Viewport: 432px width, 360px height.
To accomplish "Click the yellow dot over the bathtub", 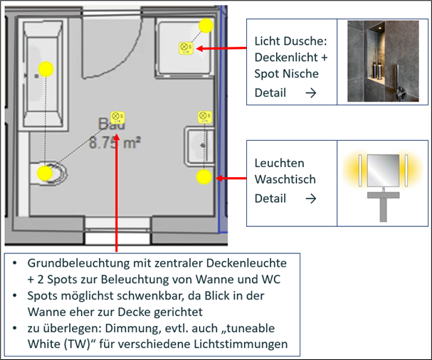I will pos(46,69).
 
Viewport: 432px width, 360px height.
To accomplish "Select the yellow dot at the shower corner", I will pos(206,26).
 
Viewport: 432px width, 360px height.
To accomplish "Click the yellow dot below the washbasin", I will pos(205,177).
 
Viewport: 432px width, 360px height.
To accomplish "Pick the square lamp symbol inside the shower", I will pos(184,48).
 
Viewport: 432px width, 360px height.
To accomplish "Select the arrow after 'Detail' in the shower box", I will pos(310,92).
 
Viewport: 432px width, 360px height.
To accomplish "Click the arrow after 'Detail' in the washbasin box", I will pos(310,198).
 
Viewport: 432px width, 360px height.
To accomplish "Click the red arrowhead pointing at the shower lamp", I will pos(198,48).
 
